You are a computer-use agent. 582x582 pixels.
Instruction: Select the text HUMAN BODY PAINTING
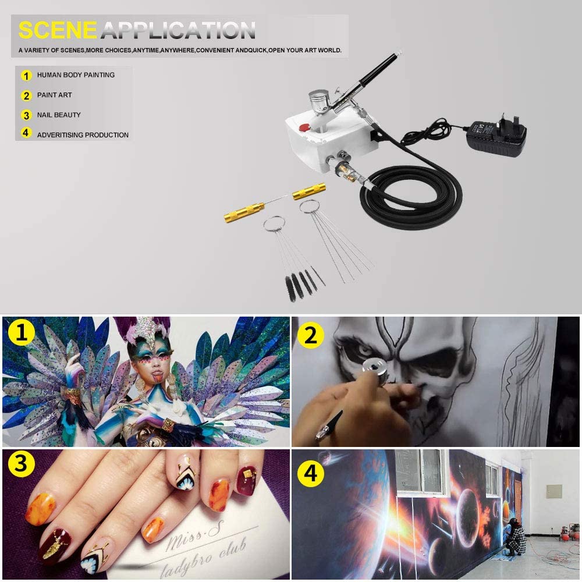[x=76, y=75]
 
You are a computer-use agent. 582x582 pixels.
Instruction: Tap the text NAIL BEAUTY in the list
[x=59, y=115]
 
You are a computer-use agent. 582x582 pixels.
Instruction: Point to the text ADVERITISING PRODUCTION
[x=83, y=135]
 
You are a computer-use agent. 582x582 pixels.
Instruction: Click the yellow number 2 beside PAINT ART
[x=26, y=95]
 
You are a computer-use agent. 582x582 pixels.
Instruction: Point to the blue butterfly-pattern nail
[x=92, y=562]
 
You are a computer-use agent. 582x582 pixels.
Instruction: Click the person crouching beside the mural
[x=515, y=538]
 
